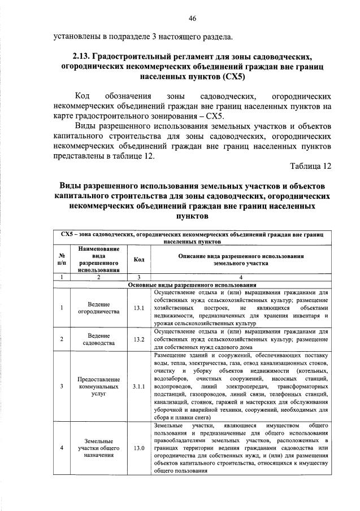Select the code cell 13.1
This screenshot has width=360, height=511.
click(x=139, y=308)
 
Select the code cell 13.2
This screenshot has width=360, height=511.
click(x=139, y=339)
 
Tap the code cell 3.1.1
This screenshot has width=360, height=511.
click(x=139, y=387)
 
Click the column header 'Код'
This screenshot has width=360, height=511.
click(x=139, y=259)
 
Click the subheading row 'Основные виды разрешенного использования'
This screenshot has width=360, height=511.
click(x=192, y=285)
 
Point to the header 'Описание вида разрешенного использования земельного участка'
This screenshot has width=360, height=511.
click(x=241, y=259)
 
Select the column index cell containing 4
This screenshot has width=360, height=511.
click(x=241, y=277)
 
